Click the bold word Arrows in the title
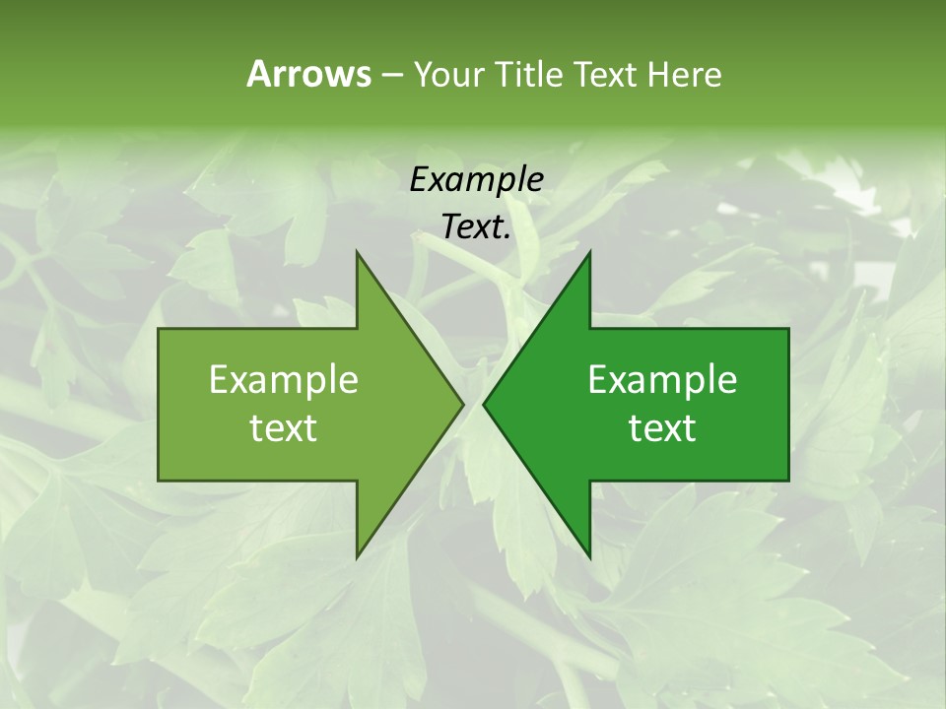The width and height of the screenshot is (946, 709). pos(308,74)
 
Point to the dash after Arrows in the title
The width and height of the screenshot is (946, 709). pos(391,75)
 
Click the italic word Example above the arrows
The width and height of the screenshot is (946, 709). pos(476,179)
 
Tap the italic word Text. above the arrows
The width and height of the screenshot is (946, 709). pos(476,226)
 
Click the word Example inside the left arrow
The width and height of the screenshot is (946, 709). pos(284,379)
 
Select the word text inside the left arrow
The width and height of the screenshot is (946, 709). pos(284,427)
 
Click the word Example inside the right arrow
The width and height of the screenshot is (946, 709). pos(662,379)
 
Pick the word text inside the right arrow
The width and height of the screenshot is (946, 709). pos(662,427)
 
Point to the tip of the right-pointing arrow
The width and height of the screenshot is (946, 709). pos(464,404)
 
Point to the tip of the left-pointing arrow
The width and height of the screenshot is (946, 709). pos(483,404)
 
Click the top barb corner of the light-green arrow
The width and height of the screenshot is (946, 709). pos(357,251)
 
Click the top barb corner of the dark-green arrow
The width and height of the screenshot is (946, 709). pos(590,251)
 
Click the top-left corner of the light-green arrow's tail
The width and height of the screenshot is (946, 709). pos(159,329)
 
